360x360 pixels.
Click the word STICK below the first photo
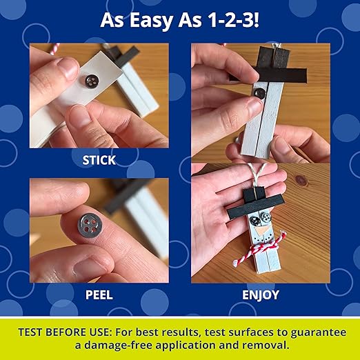click(x=99, y=160)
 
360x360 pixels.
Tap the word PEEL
click(x=99, y=294)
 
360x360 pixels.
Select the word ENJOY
click(x=261, y=295)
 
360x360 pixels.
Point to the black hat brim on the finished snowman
click(x=255, y=206)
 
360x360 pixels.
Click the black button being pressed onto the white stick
click(x=259, y=93)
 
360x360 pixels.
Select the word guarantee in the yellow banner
click(x=318, y=333)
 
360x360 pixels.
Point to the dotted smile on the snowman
click(x=262, y=239)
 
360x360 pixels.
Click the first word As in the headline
click(x=112, y=20)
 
